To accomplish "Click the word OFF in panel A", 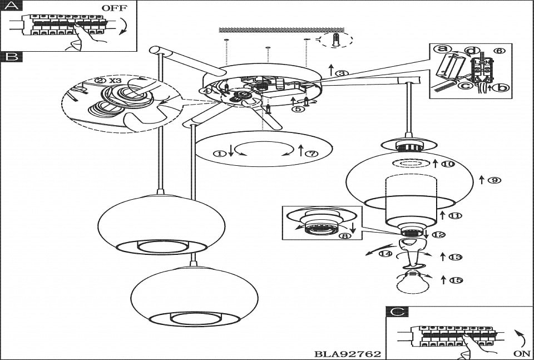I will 115,8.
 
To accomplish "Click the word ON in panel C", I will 522,353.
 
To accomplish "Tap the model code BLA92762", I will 348,353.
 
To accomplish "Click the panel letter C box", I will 395,312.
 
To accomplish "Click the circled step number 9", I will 492,180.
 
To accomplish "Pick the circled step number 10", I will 448,164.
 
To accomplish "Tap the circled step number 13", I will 455,257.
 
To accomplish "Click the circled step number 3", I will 343,72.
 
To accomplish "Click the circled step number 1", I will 222,153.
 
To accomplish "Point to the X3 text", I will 115,80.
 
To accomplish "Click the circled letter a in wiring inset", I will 443,49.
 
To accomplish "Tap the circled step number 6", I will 499,51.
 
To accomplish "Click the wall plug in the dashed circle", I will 336,40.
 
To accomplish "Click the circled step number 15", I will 455,280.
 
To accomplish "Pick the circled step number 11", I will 455,215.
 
